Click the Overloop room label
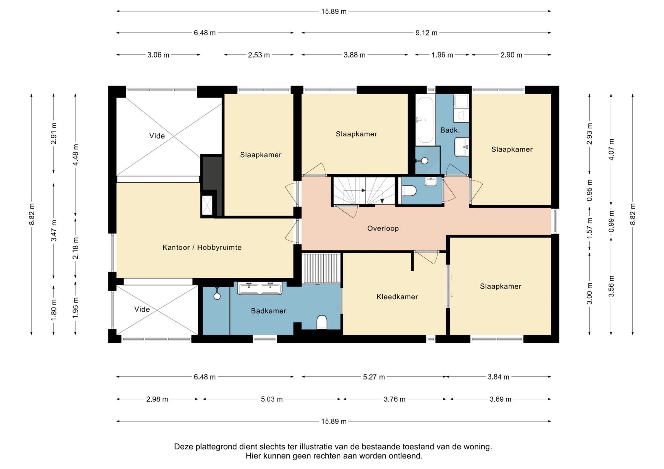coord(383,228)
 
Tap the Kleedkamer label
coord(397,297)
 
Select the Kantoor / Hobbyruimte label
coord(202,247)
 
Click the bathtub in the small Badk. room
coord(425,120)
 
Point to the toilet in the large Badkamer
coord(322,322)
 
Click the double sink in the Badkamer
coord(260,288)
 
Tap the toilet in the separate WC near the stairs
coord(409,191)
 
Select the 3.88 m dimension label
coord(355,55)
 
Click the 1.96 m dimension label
coord(442,55)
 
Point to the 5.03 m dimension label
coord(272,399)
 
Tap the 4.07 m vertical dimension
coord(611,149)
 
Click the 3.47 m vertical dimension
coord(53,231)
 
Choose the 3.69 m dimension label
coord(500,399)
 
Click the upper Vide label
coord(157,136)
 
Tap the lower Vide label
coord(142,309)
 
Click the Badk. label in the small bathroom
coord(450,130)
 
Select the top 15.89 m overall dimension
coord(334,11)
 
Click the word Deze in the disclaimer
coord(184,447)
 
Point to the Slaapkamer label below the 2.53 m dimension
coord(261,155)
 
